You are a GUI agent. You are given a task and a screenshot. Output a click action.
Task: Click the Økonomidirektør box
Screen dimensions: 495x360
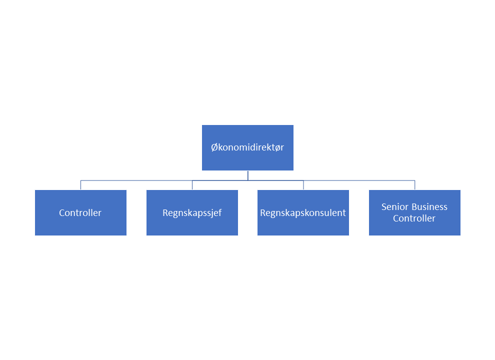point(247,147)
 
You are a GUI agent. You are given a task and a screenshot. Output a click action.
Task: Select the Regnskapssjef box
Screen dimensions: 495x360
point(192,212)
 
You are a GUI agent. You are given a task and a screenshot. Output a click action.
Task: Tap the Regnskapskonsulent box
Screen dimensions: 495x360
point(303,212)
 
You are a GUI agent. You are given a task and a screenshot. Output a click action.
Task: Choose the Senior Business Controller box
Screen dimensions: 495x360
point(414,212)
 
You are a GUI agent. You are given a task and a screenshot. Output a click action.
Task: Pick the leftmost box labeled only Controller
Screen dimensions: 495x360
point(80,212)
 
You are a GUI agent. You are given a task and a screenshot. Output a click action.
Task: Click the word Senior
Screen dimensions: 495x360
point(391,207)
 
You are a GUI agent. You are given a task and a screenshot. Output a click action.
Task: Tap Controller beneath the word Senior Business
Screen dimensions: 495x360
point(414,218)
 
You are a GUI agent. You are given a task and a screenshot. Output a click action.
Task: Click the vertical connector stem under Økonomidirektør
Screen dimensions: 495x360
point(248,175)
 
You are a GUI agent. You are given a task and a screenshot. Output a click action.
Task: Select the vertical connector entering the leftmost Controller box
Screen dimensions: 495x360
point(81,185)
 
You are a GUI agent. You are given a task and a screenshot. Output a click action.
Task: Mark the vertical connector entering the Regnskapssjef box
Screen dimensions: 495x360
point(192,185)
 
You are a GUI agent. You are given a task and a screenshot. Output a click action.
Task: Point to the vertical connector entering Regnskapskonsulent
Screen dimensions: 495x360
point(303,185)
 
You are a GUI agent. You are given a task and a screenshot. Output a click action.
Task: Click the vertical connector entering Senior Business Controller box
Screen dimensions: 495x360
point(415,185)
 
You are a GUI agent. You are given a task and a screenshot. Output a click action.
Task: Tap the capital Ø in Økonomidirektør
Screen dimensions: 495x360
point(214,147)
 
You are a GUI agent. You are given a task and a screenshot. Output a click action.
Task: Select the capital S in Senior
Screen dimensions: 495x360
point(384,207)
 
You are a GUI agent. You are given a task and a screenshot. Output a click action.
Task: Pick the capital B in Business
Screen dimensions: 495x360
point(406,207)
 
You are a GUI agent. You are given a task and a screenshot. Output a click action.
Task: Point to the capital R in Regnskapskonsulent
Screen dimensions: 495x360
point(262,212)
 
